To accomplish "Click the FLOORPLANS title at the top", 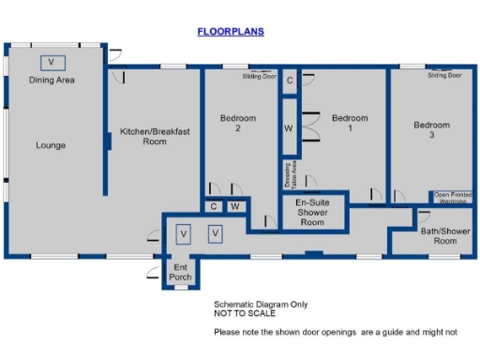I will click(231, 31).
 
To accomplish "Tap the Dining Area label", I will click(52, 81).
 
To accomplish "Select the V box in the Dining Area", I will click(52, 62).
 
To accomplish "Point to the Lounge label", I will click(51, 145).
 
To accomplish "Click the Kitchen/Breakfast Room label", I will click(155, 137).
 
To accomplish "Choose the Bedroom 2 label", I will click(238, 124).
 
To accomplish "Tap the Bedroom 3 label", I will click(432, 130).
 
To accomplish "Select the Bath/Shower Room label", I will click(443, 235).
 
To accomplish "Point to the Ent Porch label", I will click(180, 272).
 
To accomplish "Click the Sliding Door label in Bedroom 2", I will click(260, 76).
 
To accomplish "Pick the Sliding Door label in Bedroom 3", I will click(444, 75).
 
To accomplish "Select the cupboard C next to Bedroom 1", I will click(290, 81).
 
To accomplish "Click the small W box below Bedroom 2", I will click(236, 206).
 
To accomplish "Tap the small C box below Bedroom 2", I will click(215, 206).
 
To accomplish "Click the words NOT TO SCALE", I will click(240, 314).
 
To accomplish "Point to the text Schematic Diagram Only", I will click(261, 305).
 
